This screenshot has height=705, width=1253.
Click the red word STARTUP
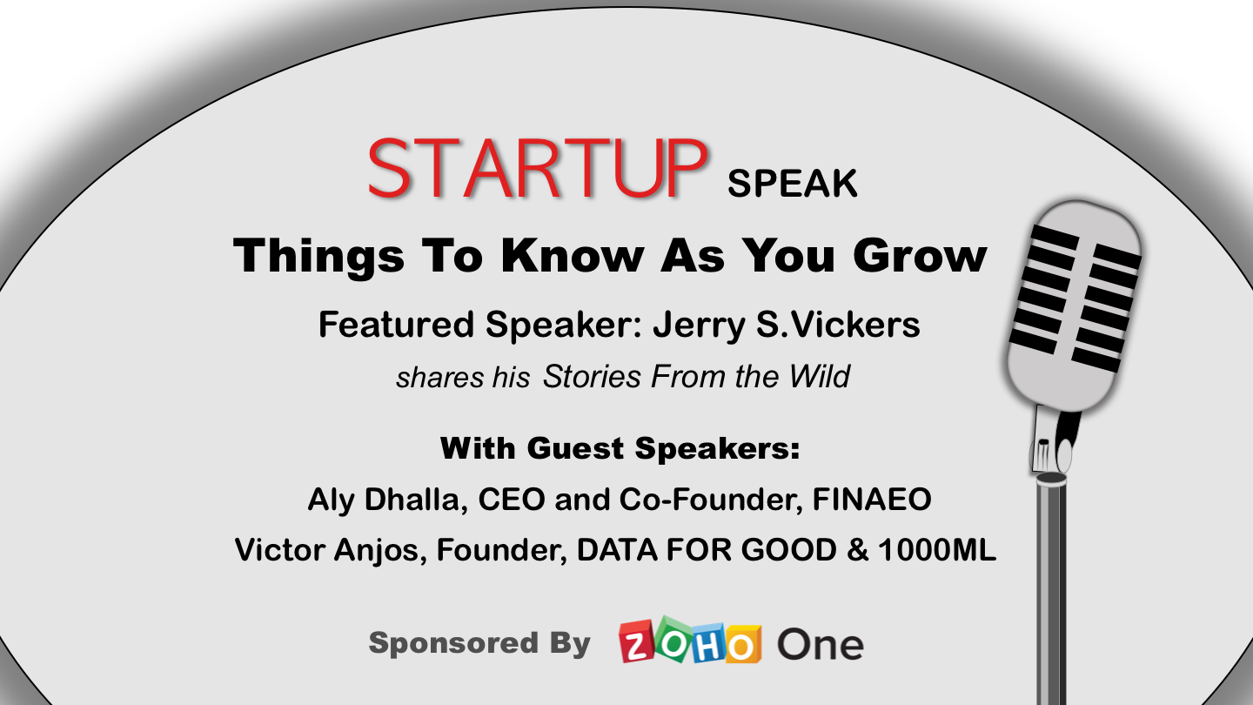point(538,168)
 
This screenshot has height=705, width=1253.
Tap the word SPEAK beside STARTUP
point(792,184)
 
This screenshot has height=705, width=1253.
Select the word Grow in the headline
point(920,256)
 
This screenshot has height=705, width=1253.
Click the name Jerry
point(700,326)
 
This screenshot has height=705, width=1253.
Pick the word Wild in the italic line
point(820,376)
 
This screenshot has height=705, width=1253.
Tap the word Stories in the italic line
point(592,376)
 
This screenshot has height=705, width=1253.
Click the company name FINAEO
point(872,499)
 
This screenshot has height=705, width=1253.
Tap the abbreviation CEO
point(512,499)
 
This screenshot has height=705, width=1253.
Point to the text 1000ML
point(937,549)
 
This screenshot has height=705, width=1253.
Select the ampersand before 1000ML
point(857,549)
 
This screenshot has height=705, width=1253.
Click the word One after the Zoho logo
point(820,645)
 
